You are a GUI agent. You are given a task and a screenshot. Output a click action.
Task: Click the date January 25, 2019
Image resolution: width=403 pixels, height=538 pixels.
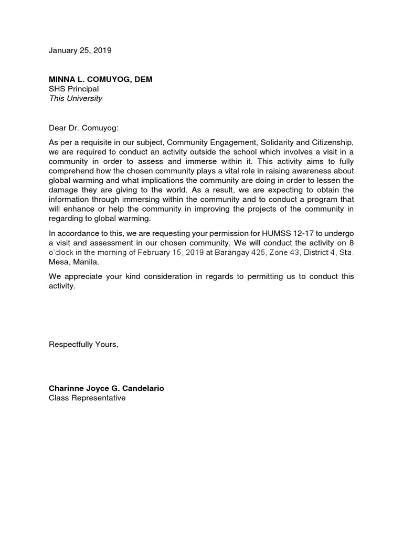[80, 51]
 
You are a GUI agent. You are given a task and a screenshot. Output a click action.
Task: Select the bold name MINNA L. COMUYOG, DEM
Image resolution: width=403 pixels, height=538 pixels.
[101, 79]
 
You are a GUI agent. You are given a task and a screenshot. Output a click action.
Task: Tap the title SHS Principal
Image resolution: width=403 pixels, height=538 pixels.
[73, 89]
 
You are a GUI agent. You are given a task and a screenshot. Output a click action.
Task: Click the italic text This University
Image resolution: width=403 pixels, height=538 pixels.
[75, 98]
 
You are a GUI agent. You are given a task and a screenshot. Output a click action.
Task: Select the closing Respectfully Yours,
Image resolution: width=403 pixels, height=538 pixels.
[83, 344]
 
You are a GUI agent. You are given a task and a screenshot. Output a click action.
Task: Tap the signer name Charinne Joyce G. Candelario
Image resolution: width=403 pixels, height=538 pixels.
[107, 388]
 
